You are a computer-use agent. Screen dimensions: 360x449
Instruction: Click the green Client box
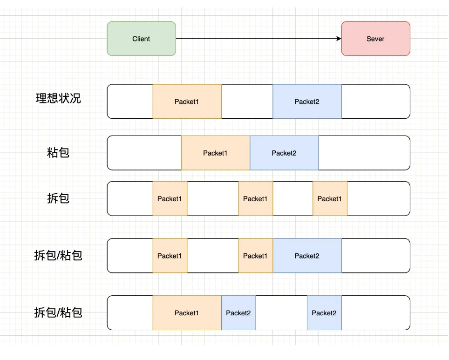click(x=141, y=39)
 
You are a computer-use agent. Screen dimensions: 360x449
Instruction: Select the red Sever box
click(x=375, y=39)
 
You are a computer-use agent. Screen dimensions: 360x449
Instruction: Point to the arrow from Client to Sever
click(x=259, y=39)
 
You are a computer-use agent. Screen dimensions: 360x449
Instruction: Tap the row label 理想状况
click(x=58, y=98)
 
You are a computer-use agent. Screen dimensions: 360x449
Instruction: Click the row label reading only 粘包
click(x=58, y=152)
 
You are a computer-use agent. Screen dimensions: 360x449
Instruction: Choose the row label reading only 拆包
click(x=58, y=198)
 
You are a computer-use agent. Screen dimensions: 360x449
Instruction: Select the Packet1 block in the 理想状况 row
click(x=187, y=102)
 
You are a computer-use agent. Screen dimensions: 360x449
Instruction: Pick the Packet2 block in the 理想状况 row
click(x=307, y=102)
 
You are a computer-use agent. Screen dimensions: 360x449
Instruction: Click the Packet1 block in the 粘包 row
click(x=215, y=153)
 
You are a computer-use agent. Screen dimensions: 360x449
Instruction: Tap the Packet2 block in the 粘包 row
click(x=284, y=153)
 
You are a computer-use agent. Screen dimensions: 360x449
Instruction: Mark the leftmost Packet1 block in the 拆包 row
click(x=170, y=199)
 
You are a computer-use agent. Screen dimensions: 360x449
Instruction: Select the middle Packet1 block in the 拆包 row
click(x=255, y=199)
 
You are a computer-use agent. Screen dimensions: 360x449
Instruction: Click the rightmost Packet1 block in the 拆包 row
click(x=330, y=199)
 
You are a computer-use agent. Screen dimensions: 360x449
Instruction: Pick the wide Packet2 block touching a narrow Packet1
click(x=307, y=256)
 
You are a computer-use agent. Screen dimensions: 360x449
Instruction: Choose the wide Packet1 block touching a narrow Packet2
click(x=187, y=313)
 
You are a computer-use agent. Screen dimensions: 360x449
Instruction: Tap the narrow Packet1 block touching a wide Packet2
click(x=255, y=256)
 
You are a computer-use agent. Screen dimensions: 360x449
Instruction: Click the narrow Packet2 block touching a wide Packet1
click(x=238, y=313)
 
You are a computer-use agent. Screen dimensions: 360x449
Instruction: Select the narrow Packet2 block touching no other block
click(x=324, y=313)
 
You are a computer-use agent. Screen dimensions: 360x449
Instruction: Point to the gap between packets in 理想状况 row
click(x=247, y=102)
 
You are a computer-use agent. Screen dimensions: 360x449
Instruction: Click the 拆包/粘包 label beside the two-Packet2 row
click(x=58, y=312)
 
